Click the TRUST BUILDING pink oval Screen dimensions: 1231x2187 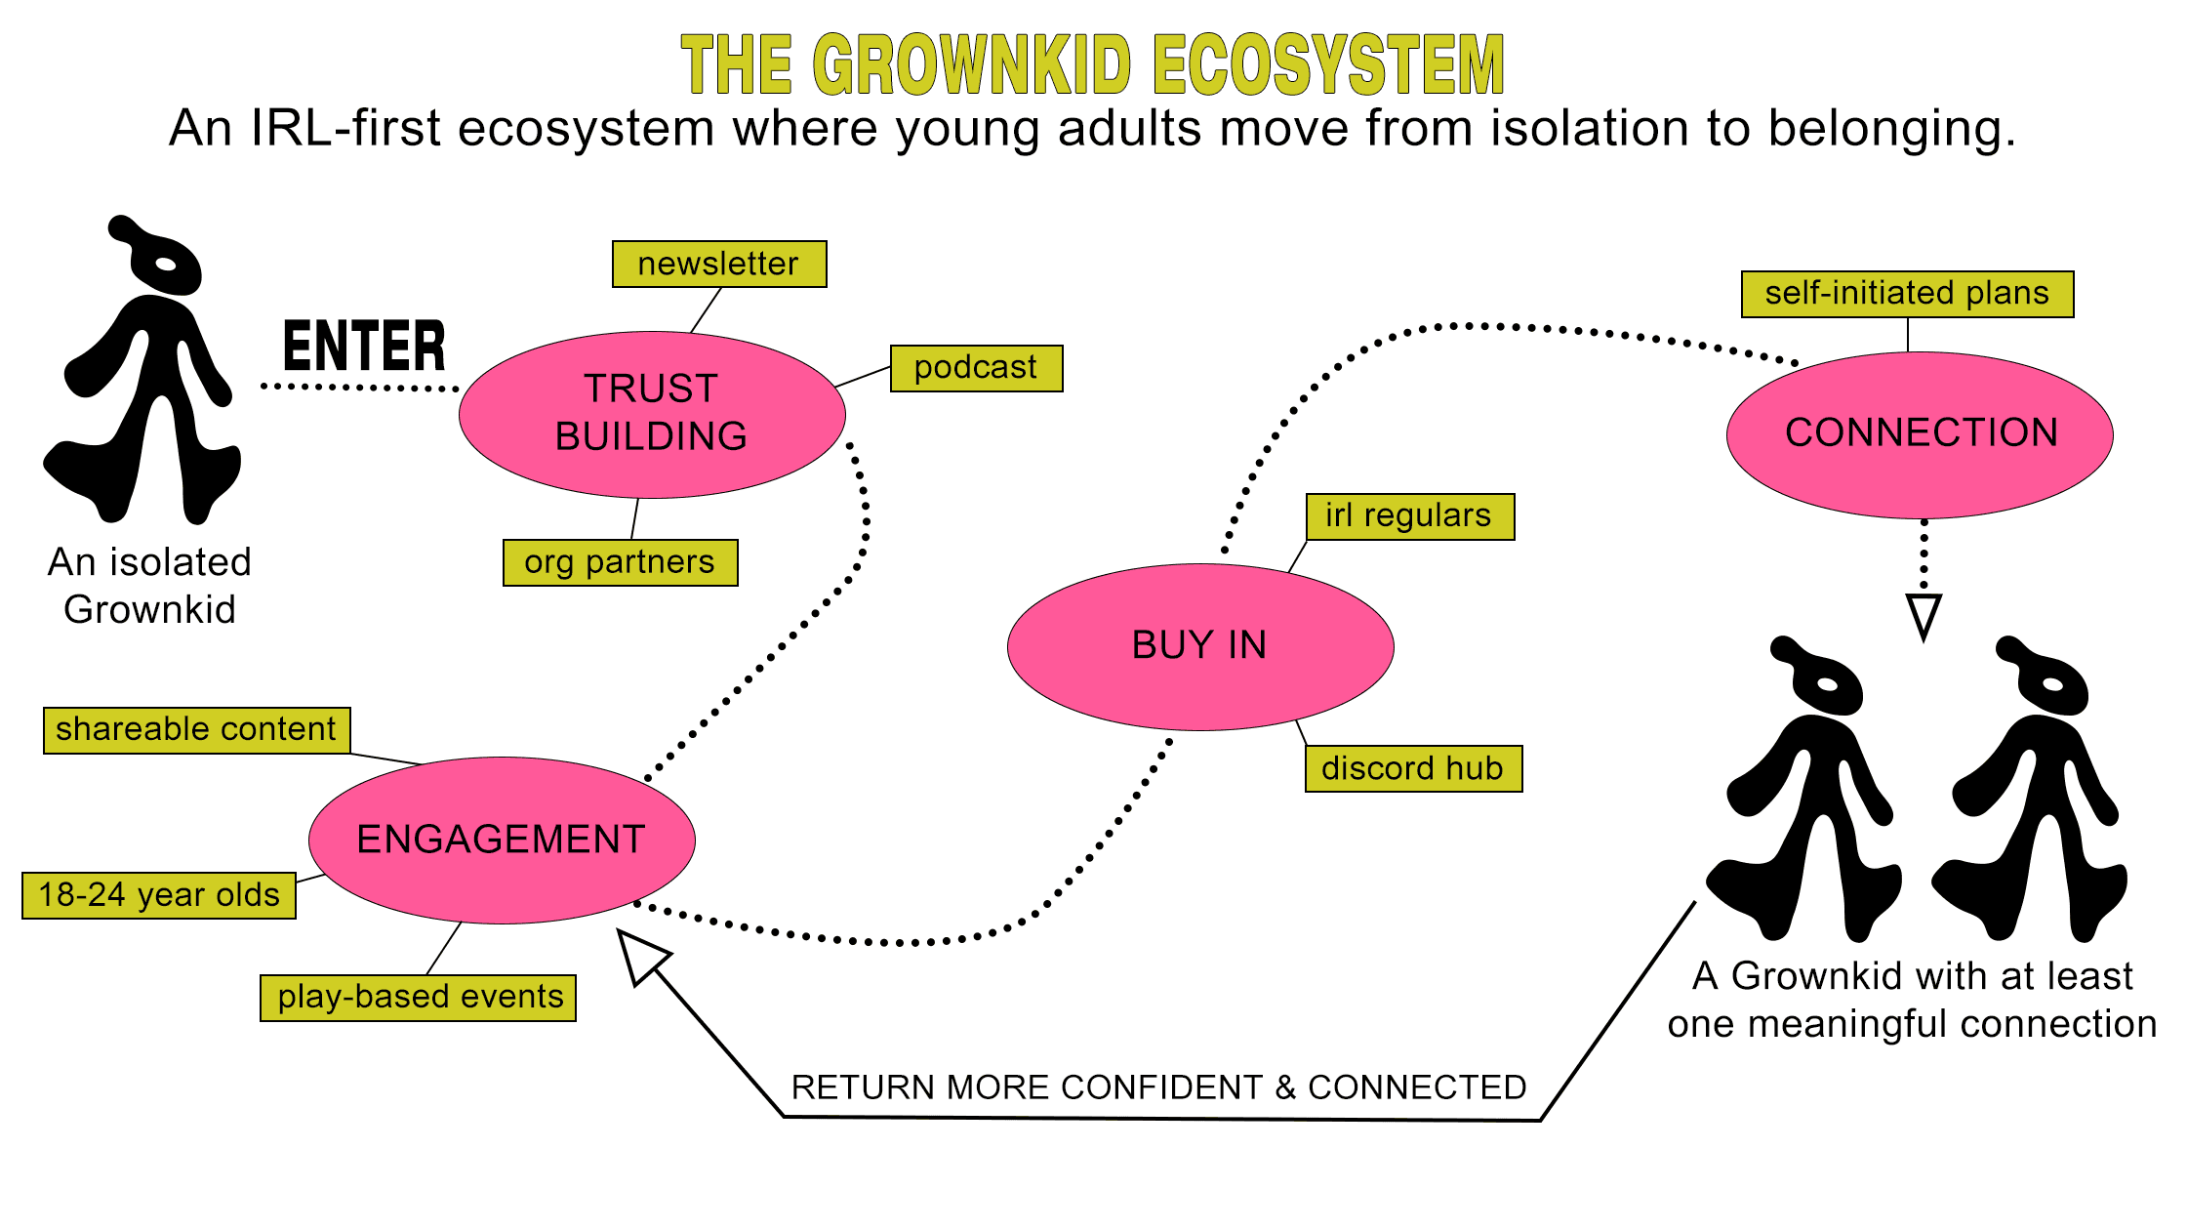pos(652,414)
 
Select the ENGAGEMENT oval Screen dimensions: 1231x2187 pos(502,840)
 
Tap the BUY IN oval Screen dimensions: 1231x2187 pos(1200,646)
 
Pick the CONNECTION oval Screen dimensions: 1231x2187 pos(1920,434)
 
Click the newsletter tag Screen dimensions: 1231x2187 pos(719,264)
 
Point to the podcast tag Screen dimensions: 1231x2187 pos(976,368)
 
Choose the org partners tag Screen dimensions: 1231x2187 pos(620,562)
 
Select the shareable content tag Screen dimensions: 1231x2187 pos(196,730)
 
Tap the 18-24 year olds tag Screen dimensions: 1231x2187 pos(159,895)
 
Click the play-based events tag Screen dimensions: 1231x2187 pos(419,998)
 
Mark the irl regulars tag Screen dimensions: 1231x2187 pos(1410,516)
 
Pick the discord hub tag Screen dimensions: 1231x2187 pos(1413,769)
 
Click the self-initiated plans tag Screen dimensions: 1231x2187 pos(1907,294)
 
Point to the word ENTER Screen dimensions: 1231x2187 pos(364,347)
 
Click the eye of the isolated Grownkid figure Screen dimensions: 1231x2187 pos(166,265)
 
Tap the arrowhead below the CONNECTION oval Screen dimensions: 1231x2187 pos(1924,615)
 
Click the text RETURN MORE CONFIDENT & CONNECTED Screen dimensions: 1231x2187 pos(1158,1087)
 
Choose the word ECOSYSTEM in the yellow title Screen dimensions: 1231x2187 pos(1328,64)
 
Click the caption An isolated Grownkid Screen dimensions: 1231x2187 pos(149,586)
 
